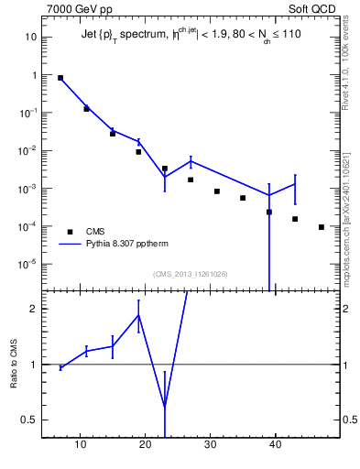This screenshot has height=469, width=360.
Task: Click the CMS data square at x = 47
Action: [322, 227]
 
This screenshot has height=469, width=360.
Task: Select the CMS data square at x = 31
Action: [217, 191]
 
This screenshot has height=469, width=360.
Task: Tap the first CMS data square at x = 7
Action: [60, 78]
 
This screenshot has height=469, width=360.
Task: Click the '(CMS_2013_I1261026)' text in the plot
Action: [190, 274]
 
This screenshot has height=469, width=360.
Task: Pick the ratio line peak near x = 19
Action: [138, 315]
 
